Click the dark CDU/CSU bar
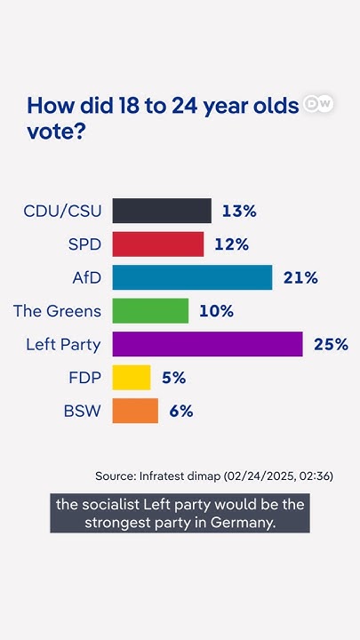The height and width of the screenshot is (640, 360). click(x=162, y=211)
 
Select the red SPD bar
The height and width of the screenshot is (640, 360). click(x=158, y=244)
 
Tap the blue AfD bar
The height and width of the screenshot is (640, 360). click(x=192, y=277)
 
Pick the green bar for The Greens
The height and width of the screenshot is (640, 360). click(x=150, y=311)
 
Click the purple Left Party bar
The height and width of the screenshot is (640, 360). click(x=207, y=344)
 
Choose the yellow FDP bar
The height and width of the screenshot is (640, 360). click(x=132, y=378)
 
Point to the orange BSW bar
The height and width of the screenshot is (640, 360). click(x=135, y=411)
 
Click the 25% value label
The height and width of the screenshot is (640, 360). click(x=331, y=344)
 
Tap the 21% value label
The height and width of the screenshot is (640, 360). click(x=300, y=277)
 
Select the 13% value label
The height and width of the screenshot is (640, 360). click(x=239, y=211)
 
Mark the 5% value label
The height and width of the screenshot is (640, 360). click(x=173, y=378)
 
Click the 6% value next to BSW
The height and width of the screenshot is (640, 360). click(x=180, y=411)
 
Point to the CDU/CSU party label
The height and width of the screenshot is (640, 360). click(x=63, y=211)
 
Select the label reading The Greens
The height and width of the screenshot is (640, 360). click(x=58, y=311)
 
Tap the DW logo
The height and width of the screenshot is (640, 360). click(x=318, y=104)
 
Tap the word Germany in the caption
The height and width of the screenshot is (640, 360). click(x=242, y=522)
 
